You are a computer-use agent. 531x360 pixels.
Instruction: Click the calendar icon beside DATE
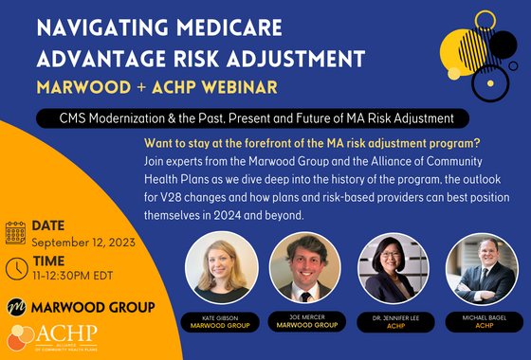[x=15, y=233]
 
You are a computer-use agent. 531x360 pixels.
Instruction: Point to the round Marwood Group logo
[x=16, y=307]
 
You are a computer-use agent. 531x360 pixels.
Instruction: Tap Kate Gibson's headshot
[x=221, y=268]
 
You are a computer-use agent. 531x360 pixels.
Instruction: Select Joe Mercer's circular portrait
[x=304, y=268]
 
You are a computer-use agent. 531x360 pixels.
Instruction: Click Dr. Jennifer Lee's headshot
[x=392, y=268]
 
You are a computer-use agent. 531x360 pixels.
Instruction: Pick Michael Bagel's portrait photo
[x=482, y=268]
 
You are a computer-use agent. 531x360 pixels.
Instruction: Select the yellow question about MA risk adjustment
[x=312, y=142]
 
